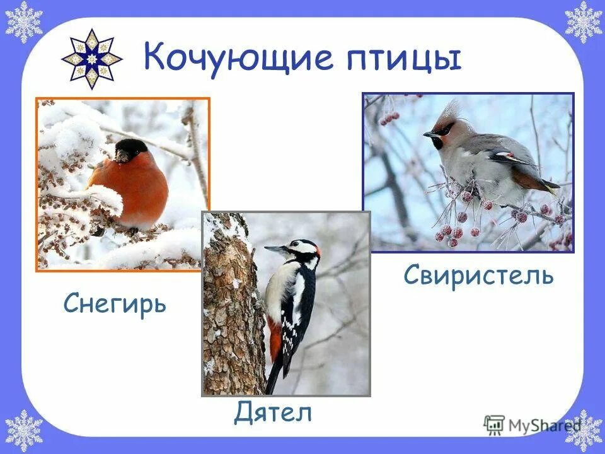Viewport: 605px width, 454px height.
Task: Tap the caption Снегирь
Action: tap(115, 305)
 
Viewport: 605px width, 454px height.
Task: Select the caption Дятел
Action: tap(273, 413)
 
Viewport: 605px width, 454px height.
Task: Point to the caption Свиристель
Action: tap(479, 275)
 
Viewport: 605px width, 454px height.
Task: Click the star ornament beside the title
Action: tap(91, 59)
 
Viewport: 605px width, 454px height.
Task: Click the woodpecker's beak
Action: tap(275, 250)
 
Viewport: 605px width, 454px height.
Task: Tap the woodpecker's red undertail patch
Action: tap(275, 341)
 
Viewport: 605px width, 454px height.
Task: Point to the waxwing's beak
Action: tap(429, 134)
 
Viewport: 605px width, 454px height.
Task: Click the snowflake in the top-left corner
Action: tap(23, 22)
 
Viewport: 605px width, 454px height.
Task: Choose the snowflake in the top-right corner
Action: tap(582, 22)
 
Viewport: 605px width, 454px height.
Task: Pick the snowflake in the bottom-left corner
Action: tap(23, 431)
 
